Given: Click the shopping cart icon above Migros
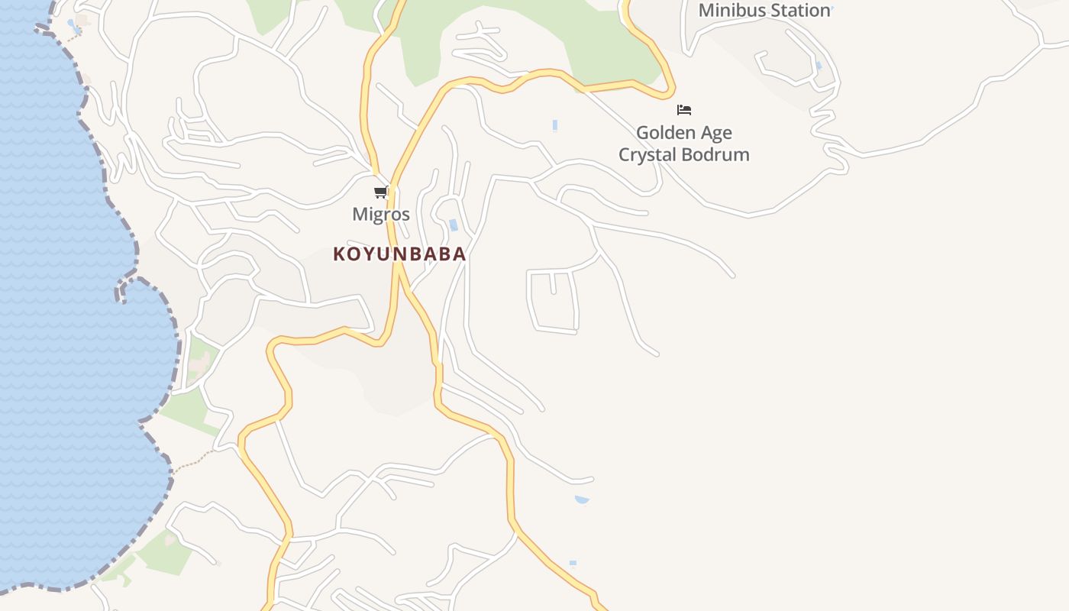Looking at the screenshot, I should coord(380,192).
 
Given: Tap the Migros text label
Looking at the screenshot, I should coord(381,215).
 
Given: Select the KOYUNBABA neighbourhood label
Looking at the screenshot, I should coord(399,254).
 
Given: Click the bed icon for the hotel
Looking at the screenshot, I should coord(684,110).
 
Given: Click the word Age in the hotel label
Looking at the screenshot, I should coord(715,133).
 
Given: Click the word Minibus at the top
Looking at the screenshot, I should coord(732,11).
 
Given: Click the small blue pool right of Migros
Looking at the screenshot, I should coord(454,225).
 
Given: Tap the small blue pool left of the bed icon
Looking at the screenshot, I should coord(555,124).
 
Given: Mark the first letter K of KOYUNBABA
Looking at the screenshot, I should coord(339,254).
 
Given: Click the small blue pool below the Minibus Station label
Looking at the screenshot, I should coord(819,66).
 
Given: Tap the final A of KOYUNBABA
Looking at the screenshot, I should coord(460,254).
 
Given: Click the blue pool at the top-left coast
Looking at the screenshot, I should coord(72,24).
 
